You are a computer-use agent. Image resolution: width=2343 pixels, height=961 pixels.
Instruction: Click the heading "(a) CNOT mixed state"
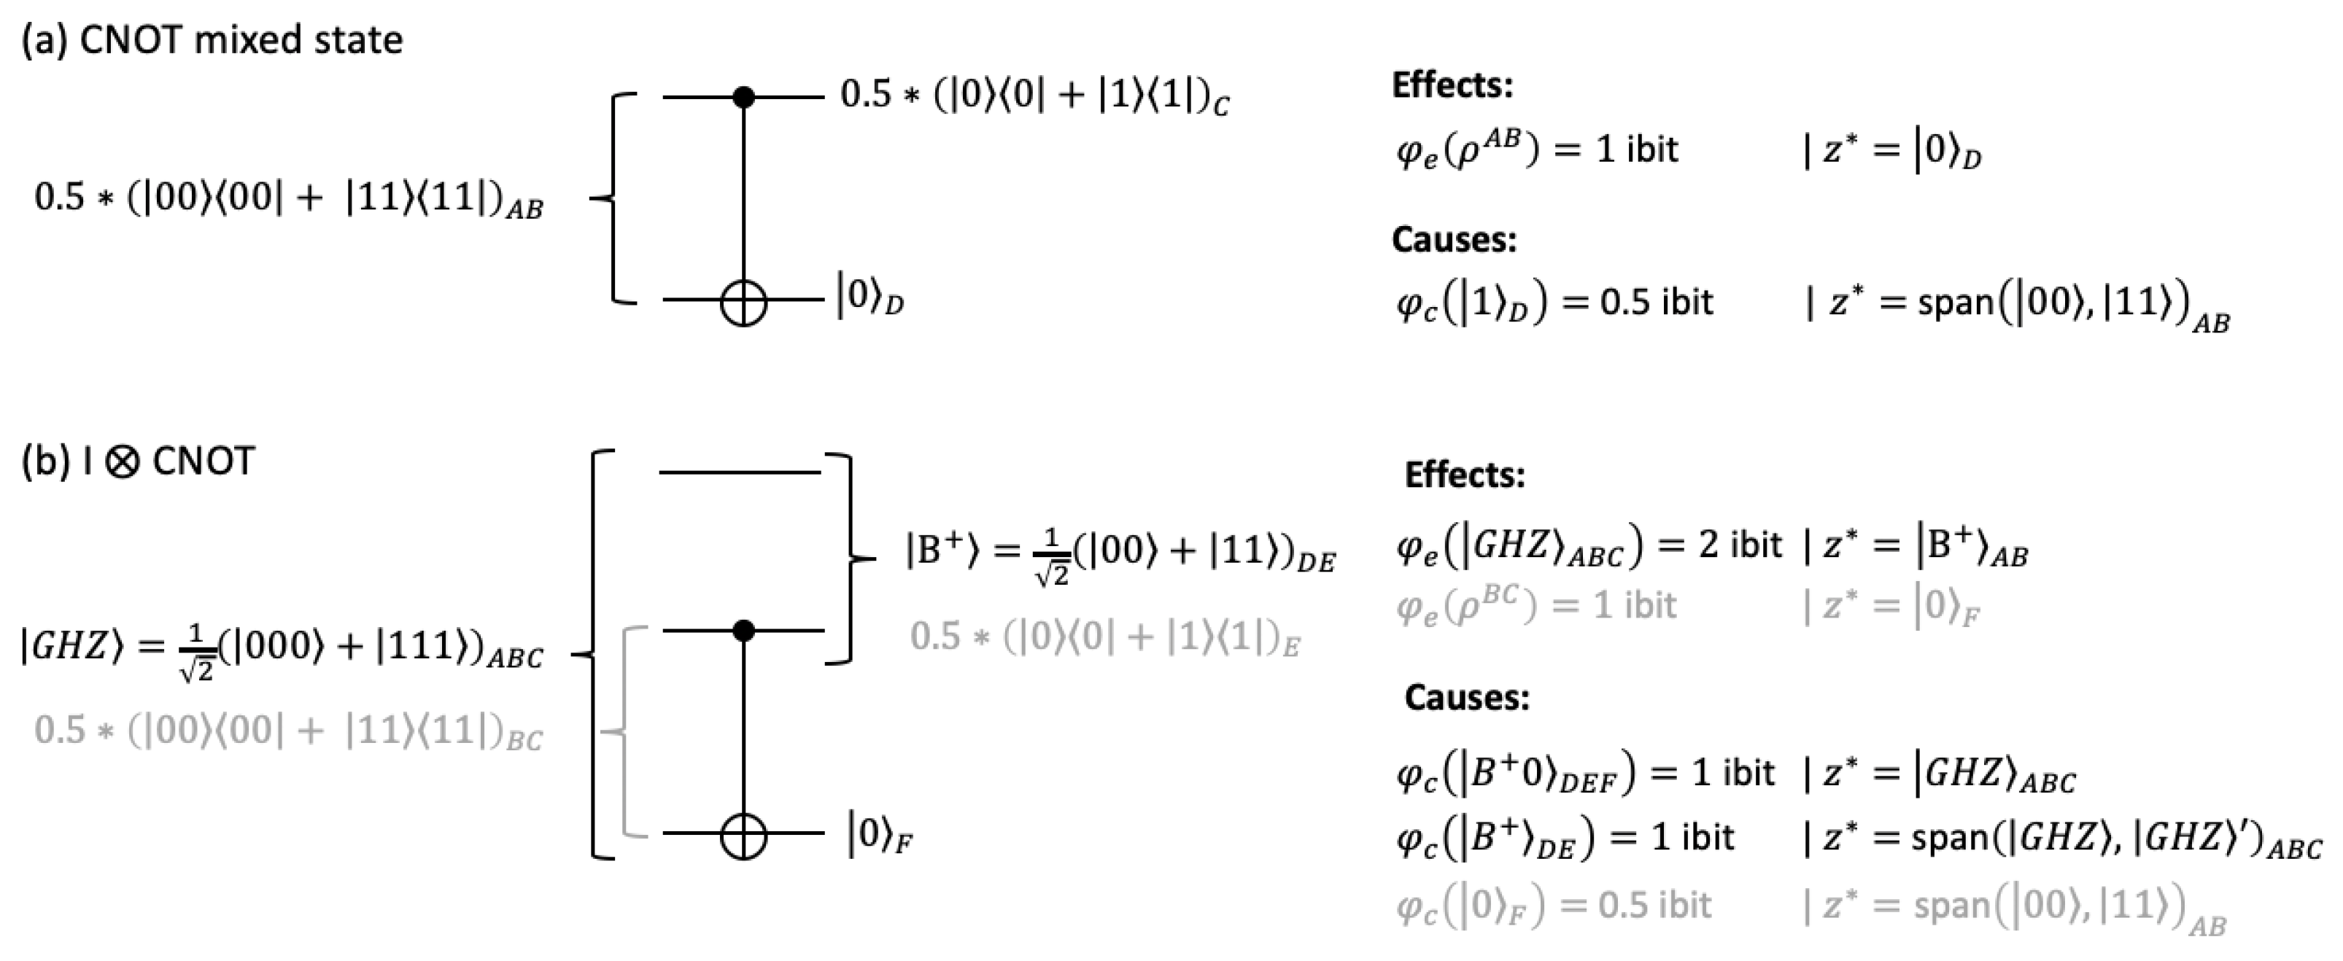tap(212, 40)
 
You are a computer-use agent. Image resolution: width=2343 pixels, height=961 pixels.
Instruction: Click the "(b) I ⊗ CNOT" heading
tap(139, 461)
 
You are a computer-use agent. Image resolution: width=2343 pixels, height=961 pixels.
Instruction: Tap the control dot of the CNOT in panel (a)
tap(744, 96)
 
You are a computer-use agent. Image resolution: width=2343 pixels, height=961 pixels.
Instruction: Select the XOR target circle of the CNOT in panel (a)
tap(744, 301)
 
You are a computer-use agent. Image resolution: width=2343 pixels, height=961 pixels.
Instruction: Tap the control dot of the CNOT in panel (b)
tap(744, 630)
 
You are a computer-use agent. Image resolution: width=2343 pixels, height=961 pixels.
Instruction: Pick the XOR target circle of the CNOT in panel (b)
tap(744, 836)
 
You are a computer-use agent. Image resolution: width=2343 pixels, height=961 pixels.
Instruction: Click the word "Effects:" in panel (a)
tap(1452, 85)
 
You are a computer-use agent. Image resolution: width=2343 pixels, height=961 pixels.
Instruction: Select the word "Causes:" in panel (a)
tap(1454, 240)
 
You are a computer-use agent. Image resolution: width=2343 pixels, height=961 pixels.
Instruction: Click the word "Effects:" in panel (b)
tap(1465, 475)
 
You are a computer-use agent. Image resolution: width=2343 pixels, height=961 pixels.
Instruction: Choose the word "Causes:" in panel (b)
tap(1466, 697)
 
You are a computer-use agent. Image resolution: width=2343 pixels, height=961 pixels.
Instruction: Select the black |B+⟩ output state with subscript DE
tap(1120, 552)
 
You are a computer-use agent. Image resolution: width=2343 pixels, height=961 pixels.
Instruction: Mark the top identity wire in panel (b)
tap(740, 472)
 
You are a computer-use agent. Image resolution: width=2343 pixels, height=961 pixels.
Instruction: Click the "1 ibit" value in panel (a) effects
tap(1636, 149)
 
